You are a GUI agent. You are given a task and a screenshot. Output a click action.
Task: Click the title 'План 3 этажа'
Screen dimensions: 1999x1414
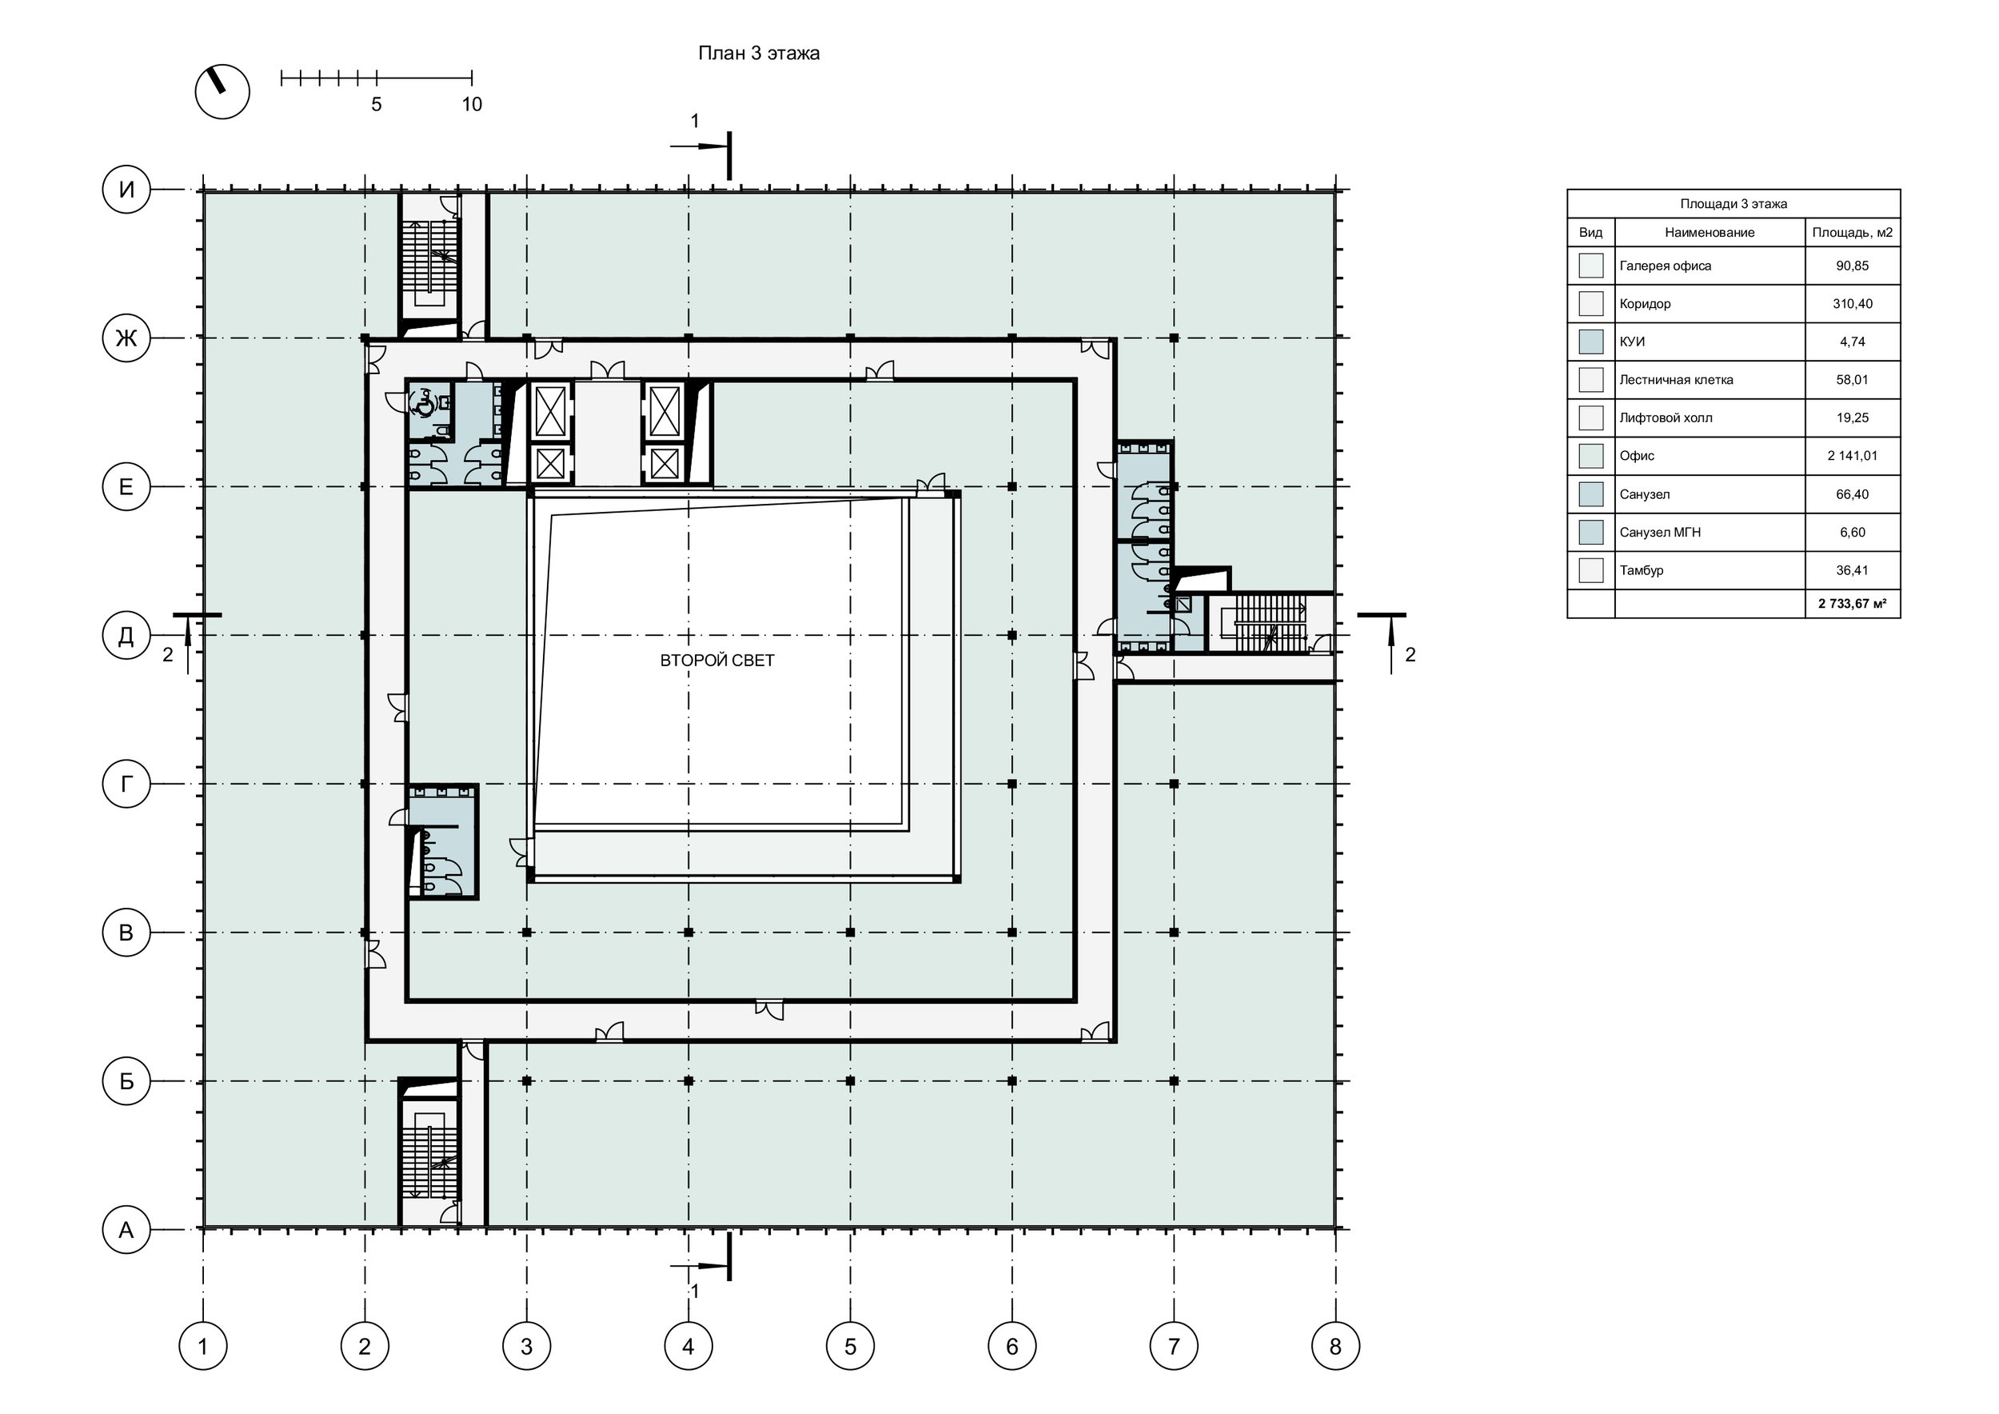pos(758,53)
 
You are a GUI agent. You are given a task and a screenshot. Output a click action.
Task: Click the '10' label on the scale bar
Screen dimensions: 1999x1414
pos(471,105)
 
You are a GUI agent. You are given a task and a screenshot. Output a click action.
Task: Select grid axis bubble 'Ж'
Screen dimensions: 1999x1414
pos(126,338)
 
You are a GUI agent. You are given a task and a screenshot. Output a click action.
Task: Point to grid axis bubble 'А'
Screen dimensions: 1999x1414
pos(126,1229)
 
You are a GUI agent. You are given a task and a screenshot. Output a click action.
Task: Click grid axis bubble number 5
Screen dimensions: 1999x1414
pos(850,1346)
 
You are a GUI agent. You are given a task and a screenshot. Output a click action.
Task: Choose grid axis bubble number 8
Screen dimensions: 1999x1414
pos(1335,1346)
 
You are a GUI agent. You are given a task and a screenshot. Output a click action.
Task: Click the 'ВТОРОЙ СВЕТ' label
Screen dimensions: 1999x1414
pos(716,661)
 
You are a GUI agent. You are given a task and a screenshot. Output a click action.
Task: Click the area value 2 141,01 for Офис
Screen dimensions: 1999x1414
pos(1852,455)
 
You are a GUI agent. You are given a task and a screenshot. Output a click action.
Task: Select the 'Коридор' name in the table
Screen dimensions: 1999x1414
pos(1645,304)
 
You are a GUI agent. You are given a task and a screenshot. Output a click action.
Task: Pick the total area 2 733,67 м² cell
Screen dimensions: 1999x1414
pos(1852,603)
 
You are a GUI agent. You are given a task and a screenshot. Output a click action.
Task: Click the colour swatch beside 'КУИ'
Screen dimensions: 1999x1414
pos(1590,342)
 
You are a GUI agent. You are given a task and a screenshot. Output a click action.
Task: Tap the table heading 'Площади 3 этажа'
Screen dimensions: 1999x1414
pos(1734,204)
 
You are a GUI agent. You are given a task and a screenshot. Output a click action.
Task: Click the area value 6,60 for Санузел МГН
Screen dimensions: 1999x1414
pos(1852,532)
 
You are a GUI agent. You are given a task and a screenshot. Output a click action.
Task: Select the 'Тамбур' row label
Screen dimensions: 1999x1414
pos(1641,570)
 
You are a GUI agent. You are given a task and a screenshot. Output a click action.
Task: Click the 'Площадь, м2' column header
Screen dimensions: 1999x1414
pos(1852,233)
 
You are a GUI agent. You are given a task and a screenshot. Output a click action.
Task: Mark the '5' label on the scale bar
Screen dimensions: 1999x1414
pos(376,105)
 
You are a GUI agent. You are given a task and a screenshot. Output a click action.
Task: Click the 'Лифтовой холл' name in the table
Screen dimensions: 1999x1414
pos(1666,418)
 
